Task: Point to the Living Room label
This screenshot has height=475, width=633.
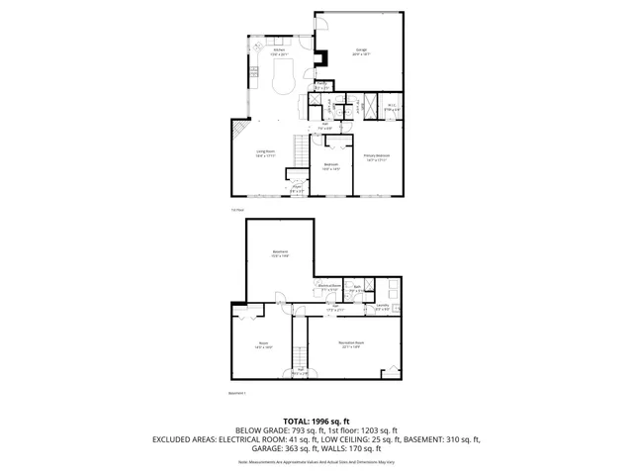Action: point(266,152)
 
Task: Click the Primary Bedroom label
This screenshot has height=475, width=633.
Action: point(376,156)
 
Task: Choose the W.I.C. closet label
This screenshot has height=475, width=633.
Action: point(392,106)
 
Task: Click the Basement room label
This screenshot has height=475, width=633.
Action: point(280,254)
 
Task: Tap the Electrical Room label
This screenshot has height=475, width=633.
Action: point(328,287)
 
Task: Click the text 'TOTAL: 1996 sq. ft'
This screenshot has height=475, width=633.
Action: point(316,421)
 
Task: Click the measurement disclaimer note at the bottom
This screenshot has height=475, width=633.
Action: point(316,461)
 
